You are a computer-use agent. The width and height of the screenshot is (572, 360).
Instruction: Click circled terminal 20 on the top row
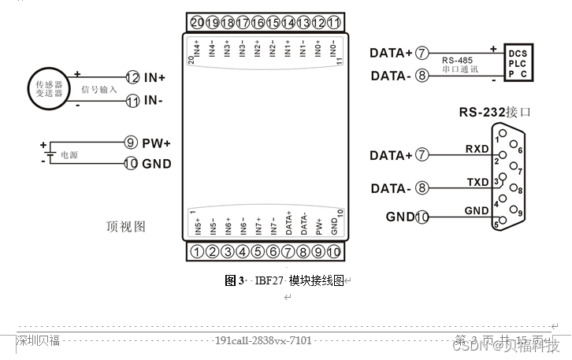tap(197, 22)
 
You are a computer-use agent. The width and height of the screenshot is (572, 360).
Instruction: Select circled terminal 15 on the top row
tap(273, 22)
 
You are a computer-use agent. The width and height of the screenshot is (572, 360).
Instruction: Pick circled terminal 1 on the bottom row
tap(197, 251)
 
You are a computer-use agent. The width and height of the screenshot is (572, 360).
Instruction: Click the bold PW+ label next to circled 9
tap(157, 143)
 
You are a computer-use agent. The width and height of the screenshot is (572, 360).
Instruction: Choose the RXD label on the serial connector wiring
tap(477, 148)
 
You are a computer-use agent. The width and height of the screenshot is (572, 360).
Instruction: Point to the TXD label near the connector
tap(477, 182)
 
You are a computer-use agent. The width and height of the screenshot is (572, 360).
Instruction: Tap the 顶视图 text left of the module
tap(126, 227)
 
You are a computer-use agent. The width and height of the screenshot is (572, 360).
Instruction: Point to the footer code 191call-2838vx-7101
tap(263, 340)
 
